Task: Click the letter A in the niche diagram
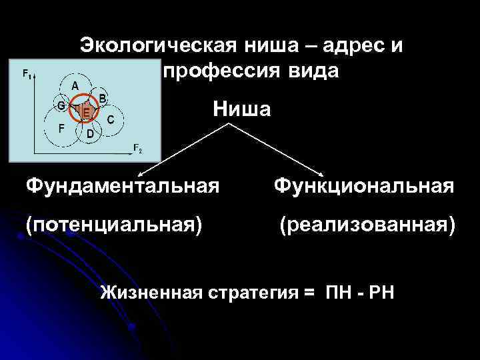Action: [75, 85]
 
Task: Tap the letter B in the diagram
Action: [103, 97]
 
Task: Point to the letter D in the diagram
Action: [89, 133]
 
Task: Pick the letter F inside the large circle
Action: [61, 127]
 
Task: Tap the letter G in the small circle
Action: [60, 105]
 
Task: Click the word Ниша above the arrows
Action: [242, 109]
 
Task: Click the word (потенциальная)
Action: [114, 225]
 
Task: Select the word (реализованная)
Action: [368, 225]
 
